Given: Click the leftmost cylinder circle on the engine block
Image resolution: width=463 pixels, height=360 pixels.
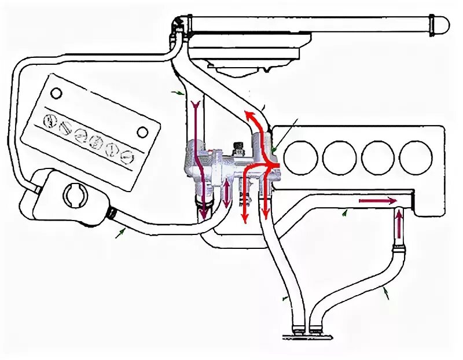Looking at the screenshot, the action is tap(302, 157).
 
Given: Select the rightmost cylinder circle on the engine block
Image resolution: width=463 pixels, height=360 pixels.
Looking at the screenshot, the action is tap(416, 157).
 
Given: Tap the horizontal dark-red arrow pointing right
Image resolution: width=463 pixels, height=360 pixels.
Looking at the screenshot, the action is tap(378, 201).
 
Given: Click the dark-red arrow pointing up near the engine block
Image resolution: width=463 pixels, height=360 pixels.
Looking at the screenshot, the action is tap(399, 226).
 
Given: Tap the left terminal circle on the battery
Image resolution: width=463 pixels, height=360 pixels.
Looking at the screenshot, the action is tap(56, 93).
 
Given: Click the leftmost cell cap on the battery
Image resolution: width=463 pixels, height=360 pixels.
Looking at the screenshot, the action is tap(51, 122).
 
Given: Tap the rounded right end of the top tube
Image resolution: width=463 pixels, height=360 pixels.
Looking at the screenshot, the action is tap(443, 24).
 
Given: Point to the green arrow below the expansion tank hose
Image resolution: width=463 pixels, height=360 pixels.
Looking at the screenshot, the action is tap(121, 233).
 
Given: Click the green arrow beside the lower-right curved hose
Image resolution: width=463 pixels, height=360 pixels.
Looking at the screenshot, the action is tap(385, 295).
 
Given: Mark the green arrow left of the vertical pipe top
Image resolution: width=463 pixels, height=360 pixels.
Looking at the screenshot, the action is tap(179, 91).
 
